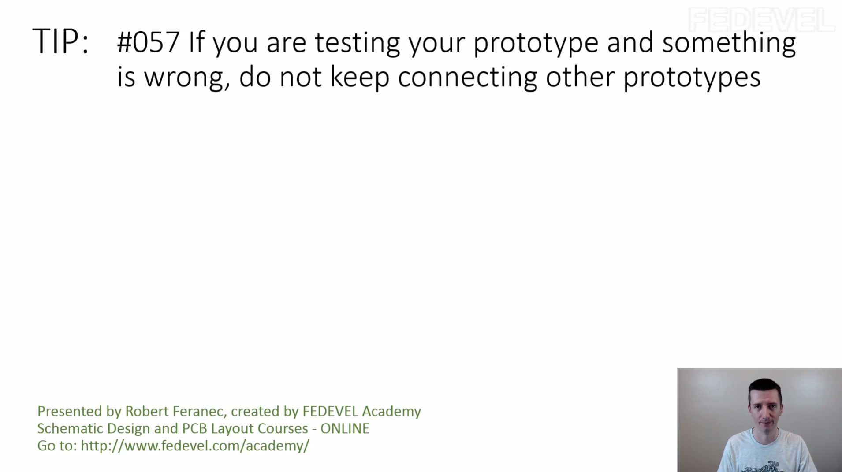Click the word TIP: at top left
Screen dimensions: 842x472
pyautogui.click(x=60, y=41)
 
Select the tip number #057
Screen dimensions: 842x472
pyautogui.click(x=148, y=42)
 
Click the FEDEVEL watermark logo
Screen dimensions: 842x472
pyautogui.click(x=761, y=20)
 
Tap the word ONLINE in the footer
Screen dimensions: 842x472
pyautogui.click(x=345, y=428)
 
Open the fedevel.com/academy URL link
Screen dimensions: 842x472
pyautogui.click(x=195, y=446)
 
